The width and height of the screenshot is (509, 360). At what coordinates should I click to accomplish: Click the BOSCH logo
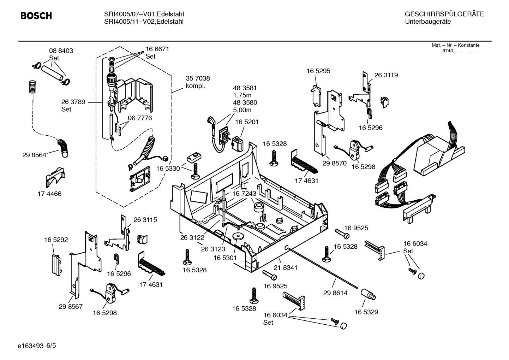coord(36,16)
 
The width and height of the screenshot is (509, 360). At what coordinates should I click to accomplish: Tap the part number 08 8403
coord(61,51)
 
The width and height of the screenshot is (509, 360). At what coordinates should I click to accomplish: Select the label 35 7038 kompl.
coord(198,82)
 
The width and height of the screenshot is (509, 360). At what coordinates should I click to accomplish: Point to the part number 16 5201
coord(247,122)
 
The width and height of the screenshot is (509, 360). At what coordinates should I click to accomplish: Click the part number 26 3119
coord(386,75)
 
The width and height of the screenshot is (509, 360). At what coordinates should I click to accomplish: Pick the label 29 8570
coord(334,163)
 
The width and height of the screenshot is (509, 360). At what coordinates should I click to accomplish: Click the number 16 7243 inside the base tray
coord(244,194)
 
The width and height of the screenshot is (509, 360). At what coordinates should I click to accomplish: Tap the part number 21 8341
coord(285,268)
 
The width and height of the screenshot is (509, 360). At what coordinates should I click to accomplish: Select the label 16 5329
coord(366,312)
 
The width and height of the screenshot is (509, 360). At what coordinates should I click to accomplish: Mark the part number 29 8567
coord(71,306)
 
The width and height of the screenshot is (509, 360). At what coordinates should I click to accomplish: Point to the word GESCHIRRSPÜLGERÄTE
coord(444,14)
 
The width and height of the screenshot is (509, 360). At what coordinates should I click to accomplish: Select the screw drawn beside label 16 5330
coord(196,171)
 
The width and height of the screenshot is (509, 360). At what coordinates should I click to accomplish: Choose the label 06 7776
coord(140,118)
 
